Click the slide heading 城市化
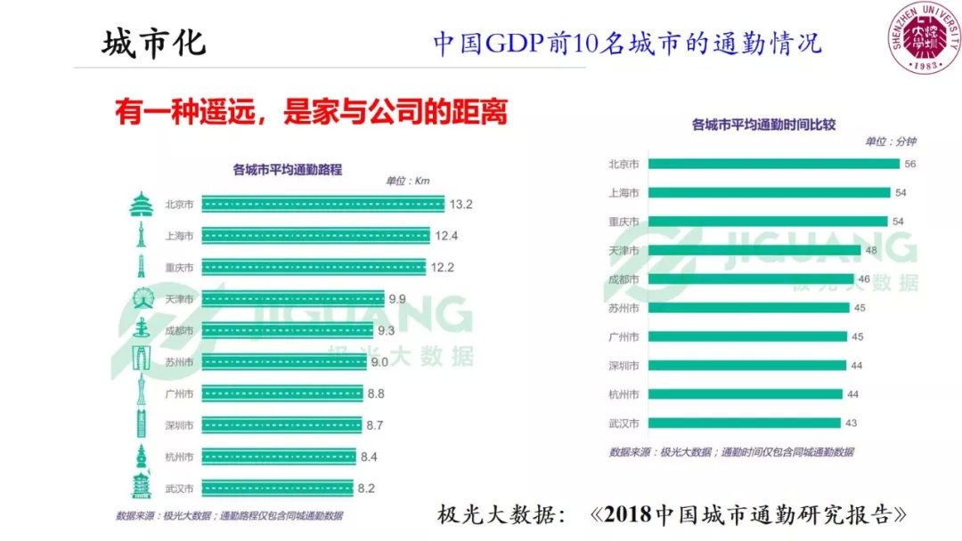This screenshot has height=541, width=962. [153, 44]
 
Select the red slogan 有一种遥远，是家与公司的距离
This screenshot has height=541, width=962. [311, 112]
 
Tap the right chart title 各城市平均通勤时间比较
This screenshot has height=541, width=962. [767, 125]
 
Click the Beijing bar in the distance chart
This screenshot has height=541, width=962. [322, 205]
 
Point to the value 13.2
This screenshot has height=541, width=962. [461, 205]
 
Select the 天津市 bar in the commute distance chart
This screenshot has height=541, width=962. [292, 299]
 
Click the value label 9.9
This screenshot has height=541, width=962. [396, 299]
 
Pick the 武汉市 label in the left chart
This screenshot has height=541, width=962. [178, 489]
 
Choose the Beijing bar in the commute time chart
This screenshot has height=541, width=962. [774, 164]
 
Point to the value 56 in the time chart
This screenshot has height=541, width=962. [909, 164]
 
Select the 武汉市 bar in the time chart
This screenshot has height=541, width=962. [745, 423]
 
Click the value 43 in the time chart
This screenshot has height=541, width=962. [852, 423]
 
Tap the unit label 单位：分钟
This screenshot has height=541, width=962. [890, 141]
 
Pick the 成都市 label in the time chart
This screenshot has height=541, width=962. [623, 279]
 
